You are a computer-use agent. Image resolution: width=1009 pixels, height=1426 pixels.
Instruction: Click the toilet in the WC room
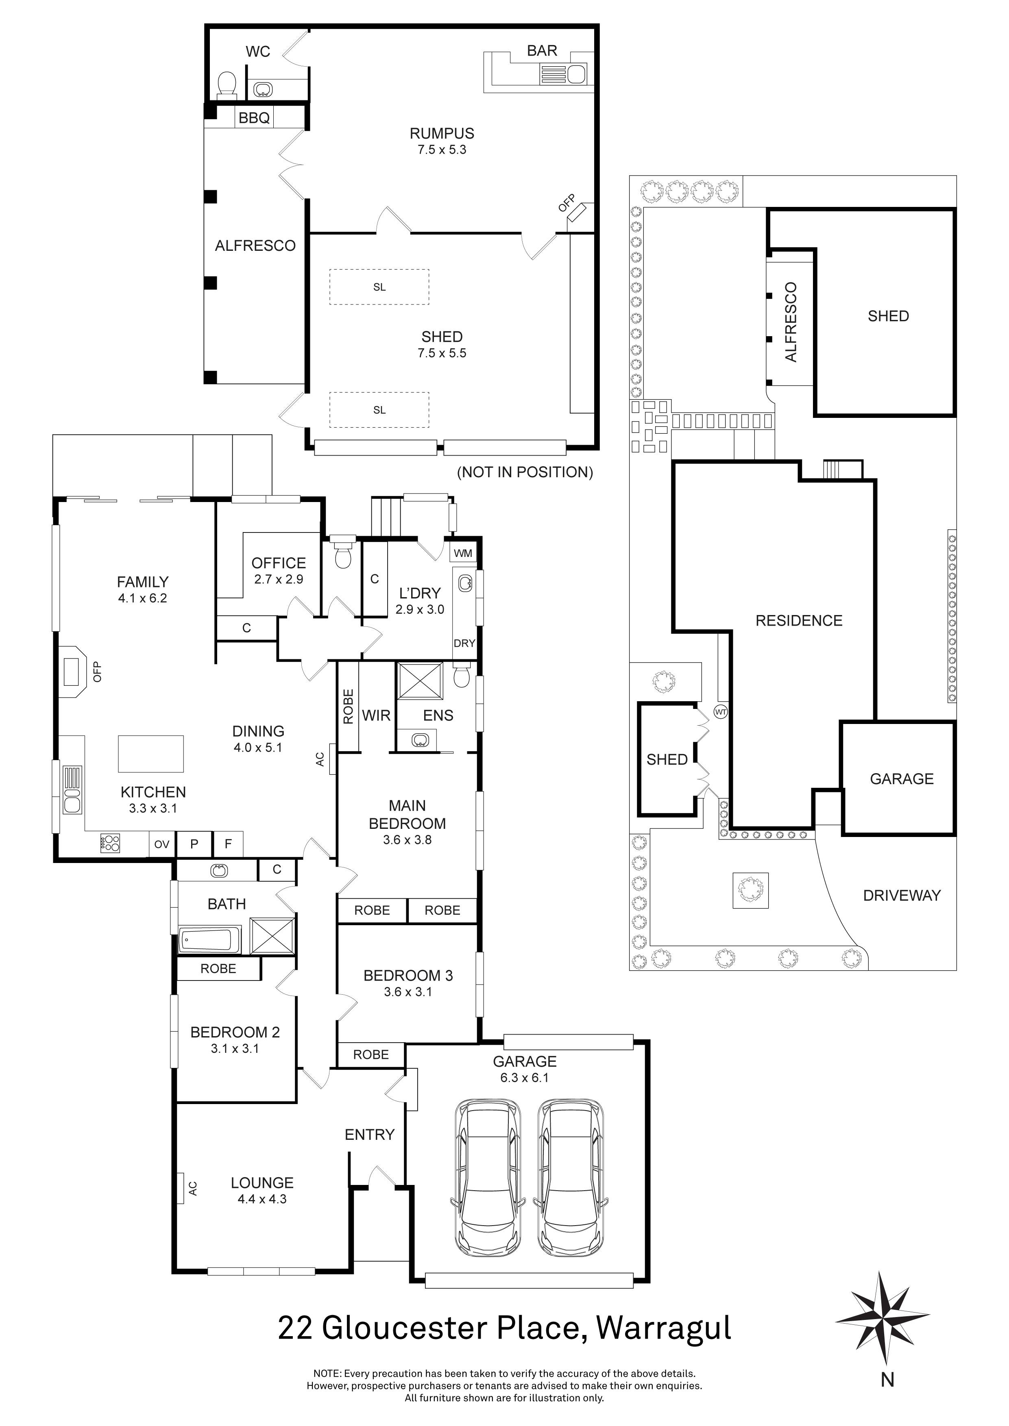pos(227,85)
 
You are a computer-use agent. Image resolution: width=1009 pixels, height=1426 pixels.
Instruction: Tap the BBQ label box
pos(254,117)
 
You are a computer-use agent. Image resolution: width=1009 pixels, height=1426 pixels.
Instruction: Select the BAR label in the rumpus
pos(542,51)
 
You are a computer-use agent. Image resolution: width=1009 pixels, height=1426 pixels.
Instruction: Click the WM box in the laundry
pos(463,553)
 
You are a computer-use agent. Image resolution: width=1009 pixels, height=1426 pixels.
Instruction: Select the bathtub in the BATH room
pos(209,940)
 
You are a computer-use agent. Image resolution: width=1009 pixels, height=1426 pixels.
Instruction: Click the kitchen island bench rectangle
pos(151,753)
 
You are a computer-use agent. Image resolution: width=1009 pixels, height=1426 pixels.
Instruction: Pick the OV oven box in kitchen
pos(161,844)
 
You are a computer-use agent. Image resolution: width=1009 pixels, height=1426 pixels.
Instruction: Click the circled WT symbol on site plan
pos(720,712)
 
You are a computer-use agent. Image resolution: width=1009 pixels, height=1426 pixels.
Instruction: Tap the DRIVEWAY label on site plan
pos(902,895)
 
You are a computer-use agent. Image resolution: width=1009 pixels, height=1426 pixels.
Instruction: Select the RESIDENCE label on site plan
pos(798,620)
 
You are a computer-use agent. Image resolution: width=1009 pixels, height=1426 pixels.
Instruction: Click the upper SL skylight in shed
pos(379,287)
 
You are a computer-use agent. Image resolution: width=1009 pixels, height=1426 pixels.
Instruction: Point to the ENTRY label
pos(370,1135)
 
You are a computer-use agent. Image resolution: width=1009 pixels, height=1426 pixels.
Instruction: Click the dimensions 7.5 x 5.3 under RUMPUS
pos(442,150)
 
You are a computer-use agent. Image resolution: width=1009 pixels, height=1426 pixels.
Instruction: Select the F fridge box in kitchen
pos(228,844)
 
